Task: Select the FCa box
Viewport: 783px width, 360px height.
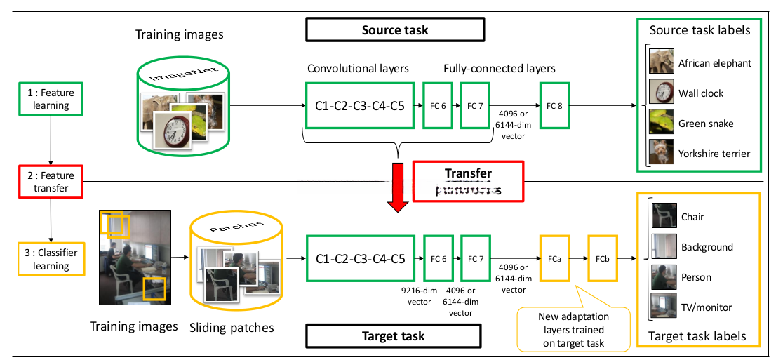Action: point(554,259)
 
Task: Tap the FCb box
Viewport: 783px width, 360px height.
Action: point(603,259)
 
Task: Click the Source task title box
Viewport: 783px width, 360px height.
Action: point(395,29)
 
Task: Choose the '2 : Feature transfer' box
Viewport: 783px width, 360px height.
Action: point(51,182)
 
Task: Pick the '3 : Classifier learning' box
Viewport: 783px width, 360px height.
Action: point(51,259)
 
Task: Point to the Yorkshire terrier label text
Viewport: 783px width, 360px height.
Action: point(714,154)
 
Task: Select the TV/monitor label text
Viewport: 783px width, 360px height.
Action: point(707,307)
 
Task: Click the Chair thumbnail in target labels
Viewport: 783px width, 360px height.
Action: point(664,216)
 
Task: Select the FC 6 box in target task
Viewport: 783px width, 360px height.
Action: point(439,259)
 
